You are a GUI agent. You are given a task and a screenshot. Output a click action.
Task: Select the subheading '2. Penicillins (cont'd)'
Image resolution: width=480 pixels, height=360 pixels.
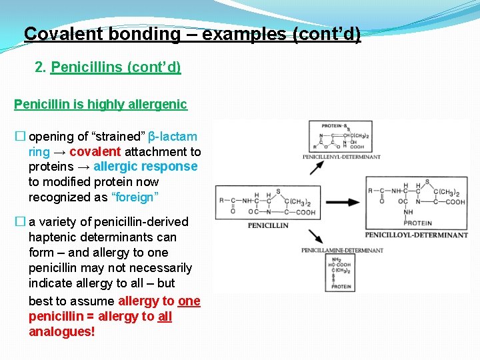tap(108, 67)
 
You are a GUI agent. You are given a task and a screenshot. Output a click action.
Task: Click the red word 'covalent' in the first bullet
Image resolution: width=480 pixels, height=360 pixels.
tap(95, 152)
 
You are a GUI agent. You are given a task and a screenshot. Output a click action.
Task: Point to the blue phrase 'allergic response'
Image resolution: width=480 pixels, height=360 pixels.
tap(146, 167)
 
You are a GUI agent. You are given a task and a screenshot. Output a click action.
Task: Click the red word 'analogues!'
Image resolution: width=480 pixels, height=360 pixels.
tap(62, 331)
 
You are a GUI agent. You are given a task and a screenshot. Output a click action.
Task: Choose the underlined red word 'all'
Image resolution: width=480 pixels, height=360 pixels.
tap(165, 316)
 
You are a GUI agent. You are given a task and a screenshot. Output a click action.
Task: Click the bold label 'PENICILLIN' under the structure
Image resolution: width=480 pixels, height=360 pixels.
tap(268, 225)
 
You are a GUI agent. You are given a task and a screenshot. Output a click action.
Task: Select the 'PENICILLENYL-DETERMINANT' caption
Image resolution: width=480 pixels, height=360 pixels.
tap(341, 157)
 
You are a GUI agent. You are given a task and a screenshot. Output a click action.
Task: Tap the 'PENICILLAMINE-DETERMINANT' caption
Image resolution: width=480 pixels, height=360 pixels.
tap(343, 251)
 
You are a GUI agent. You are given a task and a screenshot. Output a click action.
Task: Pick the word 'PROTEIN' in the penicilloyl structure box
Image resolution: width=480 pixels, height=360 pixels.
tap(417, 223)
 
